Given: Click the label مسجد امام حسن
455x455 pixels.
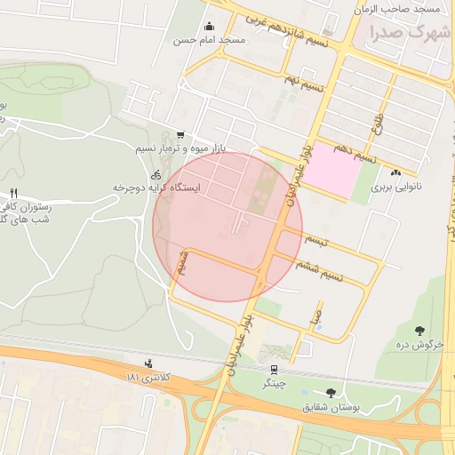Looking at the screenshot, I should [209, 41].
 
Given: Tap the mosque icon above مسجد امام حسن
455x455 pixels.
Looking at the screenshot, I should [209, 27].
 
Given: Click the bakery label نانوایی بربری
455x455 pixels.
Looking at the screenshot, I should [393, 188].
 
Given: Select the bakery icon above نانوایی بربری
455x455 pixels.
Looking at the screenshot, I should [395, 173].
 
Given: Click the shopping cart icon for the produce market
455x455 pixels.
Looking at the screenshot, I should [180, 133].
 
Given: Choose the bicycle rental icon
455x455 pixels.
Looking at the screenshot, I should [156, 175].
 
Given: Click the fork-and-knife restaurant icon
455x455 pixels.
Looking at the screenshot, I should [13, 193].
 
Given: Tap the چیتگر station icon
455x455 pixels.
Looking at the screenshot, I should [273, 370].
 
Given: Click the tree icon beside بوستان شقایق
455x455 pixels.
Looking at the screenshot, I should [331, 392].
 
